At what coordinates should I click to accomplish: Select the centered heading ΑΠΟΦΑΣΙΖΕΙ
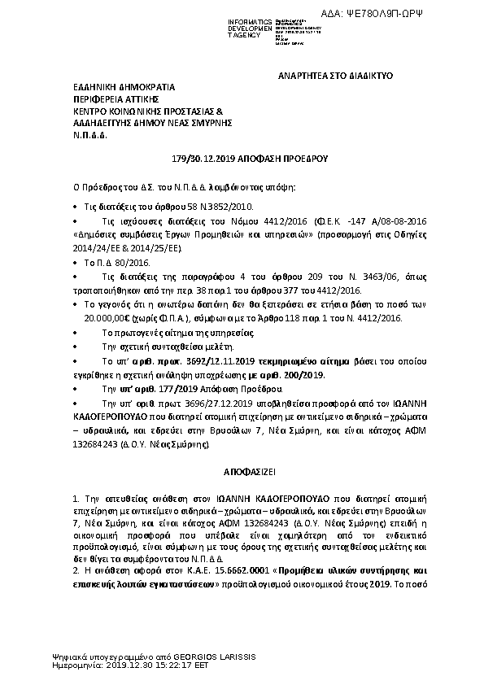[x=242, y=472]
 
